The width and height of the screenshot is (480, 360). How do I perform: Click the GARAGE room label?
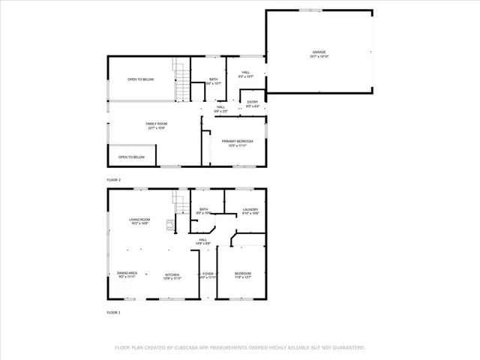coord(319,52)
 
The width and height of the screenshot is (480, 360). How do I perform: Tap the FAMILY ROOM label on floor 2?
coord(156,124)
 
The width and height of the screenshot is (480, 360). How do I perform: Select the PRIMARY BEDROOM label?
coord(237,142)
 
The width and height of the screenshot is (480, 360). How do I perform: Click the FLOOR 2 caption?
coord(113,180)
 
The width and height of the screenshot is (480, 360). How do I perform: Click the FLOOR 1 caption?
coord(113,311)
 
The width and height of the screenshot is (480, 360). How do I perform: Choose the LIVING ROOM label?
coord(139,220)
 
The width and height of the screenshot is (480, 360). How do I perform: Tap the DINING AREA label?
coord(127,274)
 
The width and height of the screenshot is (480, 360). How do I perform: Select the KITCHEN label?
coord(172,275)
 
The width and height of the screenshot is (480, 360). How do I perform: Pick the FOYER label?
coord(208,275)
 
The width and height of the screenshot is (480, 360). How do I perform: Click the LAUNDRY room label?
coord(250,211)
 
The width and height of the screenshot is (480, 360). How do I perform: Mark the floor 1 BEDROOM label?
coord(242,274)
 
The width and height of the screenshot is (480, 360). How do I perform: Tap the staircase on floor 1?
coord(180,203)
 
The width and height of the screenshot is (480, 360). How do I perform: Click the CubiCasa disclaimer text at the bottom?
coord(239,347)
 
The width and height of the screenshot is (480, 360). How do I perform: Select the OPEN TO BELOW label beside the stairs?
coord(140,79)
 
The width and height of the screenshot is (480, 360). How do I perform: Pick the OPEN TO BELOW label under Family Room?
coord(131,157)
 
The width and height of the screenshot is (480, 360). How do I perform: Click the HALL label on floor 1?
coord(202,241)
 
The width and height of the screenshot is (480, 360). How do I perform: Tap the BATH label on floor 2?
coord(214,80)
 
